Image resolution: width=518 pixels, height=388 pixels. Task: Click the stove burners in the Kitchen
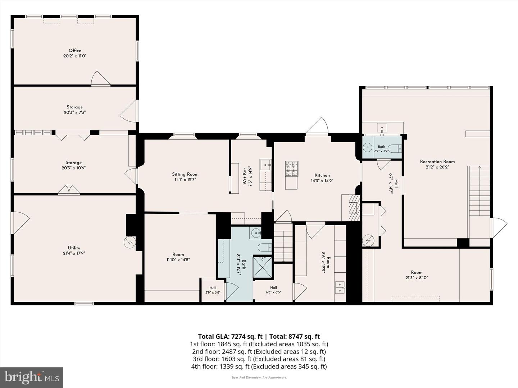click(x=292, y=169)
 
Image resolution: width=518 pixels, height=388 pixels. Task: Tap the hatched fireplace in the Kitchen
click(x=354, y=208)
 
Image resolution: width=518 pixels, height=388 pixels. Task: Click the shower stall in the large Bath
click(x=262, y=267)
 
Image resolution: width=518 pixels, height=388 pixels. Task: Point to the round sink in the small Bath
click(x=367, y=148)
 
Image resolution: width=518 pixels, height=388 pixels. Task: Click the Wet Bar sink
click(x=265, y=165)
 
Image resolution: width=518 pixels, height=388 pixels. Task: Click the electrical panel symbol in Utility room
click(x=130, y=242)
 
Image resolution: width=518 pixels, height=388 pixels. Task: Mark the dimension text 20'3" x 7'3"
click(x=74, y=112)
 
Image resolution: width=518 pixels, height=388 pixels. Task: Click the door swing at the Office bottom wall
click(x=100, y=78)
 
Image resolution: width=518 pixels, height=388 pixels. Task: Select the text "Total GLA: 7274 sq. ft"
click(x=231, y=336)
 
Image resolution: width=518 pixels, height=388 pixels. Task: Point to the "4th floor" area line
click(x=259, y=366)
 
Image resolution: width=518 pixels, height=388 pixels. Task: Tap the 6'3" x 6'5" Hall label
click(x=273, y=290)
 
